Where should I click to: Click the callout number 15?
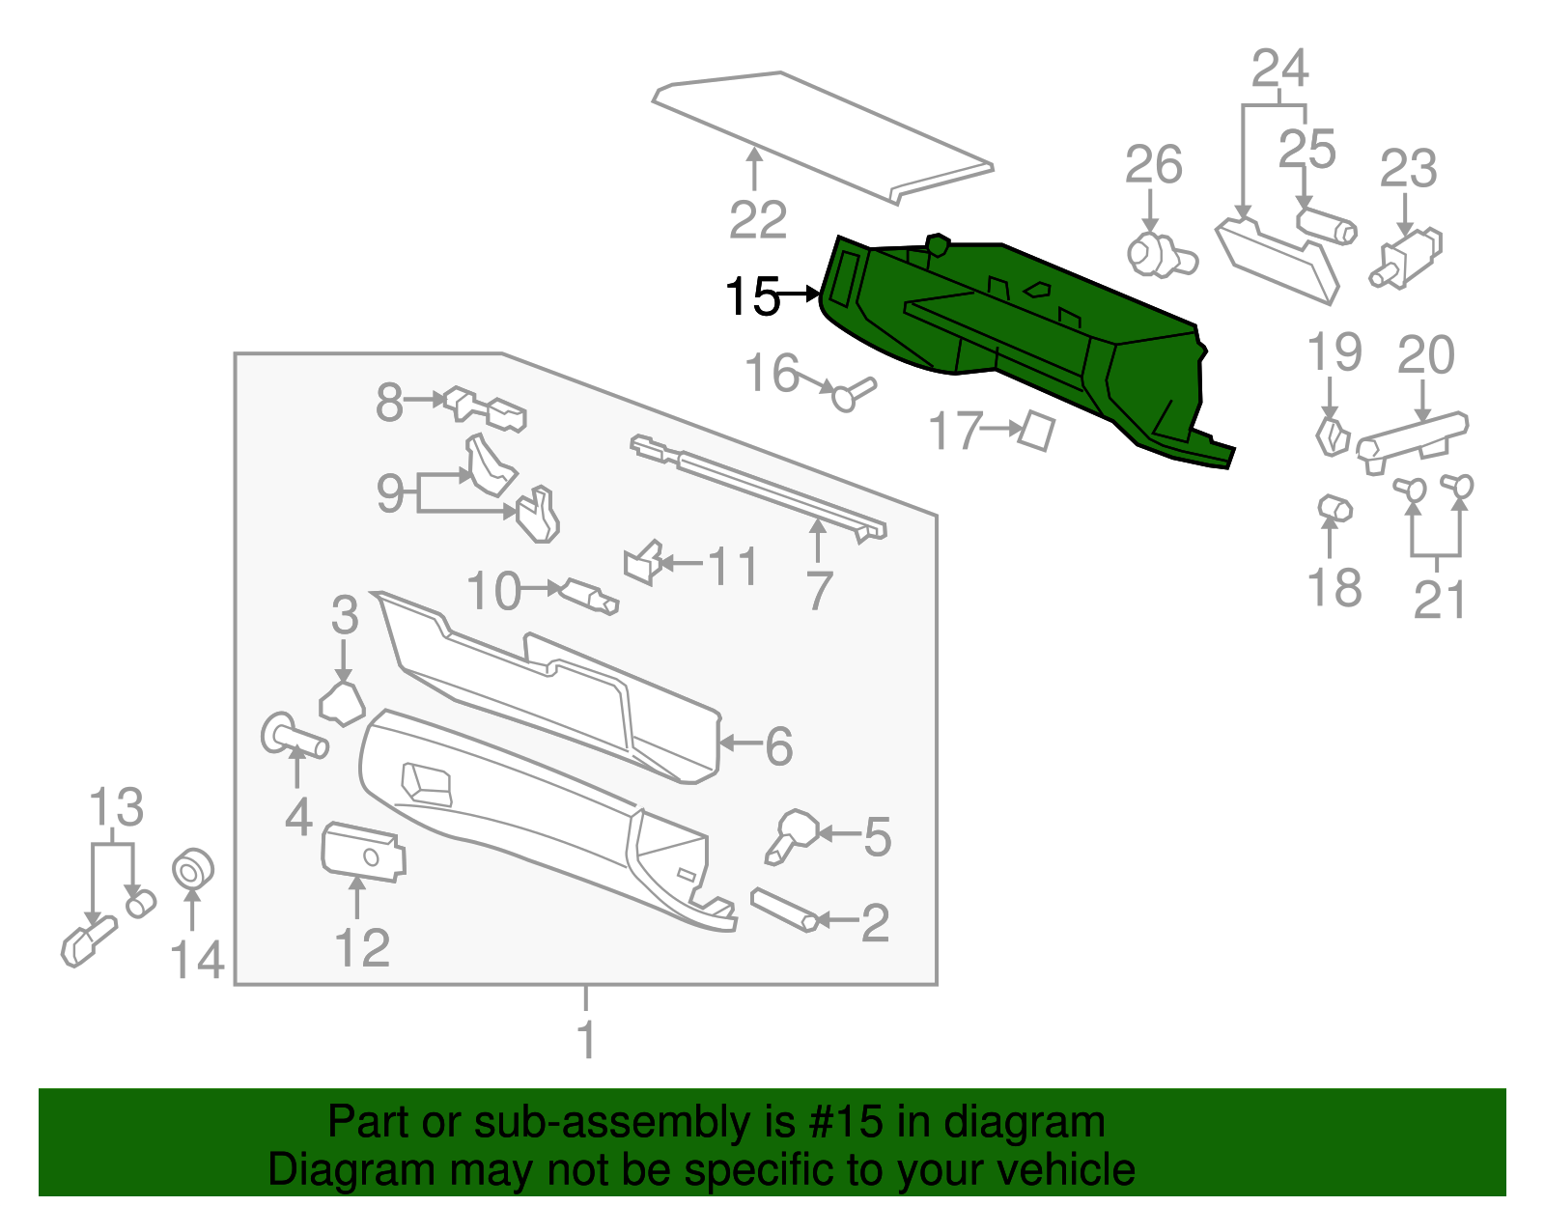[751, 296]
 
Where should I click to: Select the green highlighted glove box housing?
[1014, 338]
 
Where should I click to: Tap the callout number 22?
[757, 221]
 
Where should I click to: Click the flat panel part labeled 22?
[821, 135]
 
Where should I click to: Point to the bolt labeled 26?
[1159, 256]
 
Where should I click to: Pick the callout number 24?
[1279, 70]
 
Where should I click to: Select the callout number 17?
[954, 431]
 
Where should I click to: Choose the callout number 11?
[733, 567]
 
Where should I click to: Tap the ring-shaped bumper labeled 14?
[192, 869]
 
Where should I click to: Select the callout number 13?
[116, 807]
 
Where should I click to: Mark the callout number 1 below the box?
[586, 1040]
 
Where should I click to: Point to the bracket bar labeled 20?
[1412, 436]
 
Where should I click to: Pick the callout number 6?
[778, 746]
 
